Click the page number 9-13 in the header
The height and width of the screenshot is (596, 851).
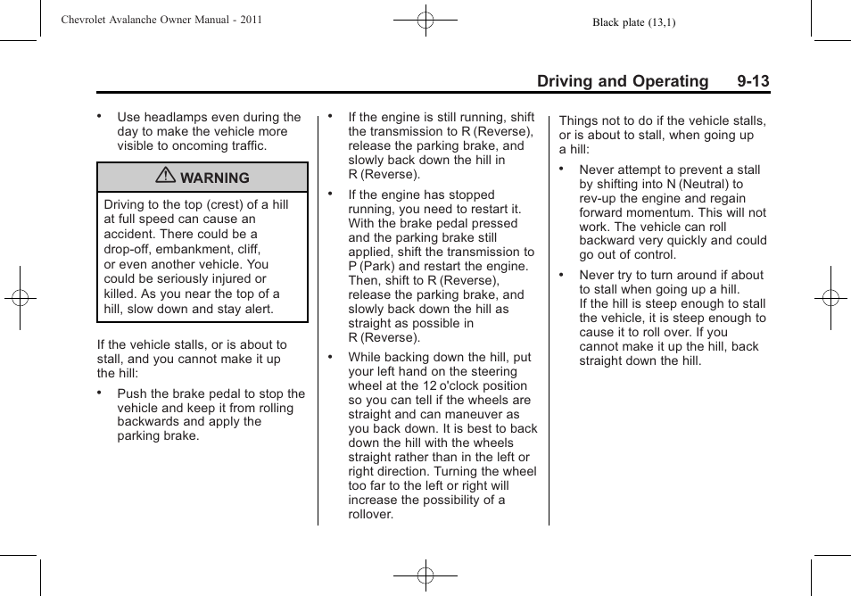pos(753,81)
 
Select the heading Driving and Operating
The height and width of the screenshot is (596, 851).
pos(622,81)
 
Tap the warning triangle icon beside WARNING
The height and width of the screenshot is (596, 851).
pos(165,177)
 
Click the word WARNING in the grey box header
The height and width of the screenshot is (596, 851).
pos(215,178)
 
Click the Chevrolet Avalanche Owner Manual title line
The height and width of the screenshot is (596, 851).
pos(161,19)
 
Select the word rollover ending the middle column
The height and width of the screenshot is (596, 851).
pos(370,515)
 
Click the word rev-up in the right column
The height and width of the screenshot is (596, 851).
pos(599,198)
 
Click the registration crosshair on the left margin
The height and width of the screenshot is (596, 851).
pos(19,298)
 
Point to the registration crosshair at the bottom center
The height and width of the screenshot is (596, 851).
pos(425,575)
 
